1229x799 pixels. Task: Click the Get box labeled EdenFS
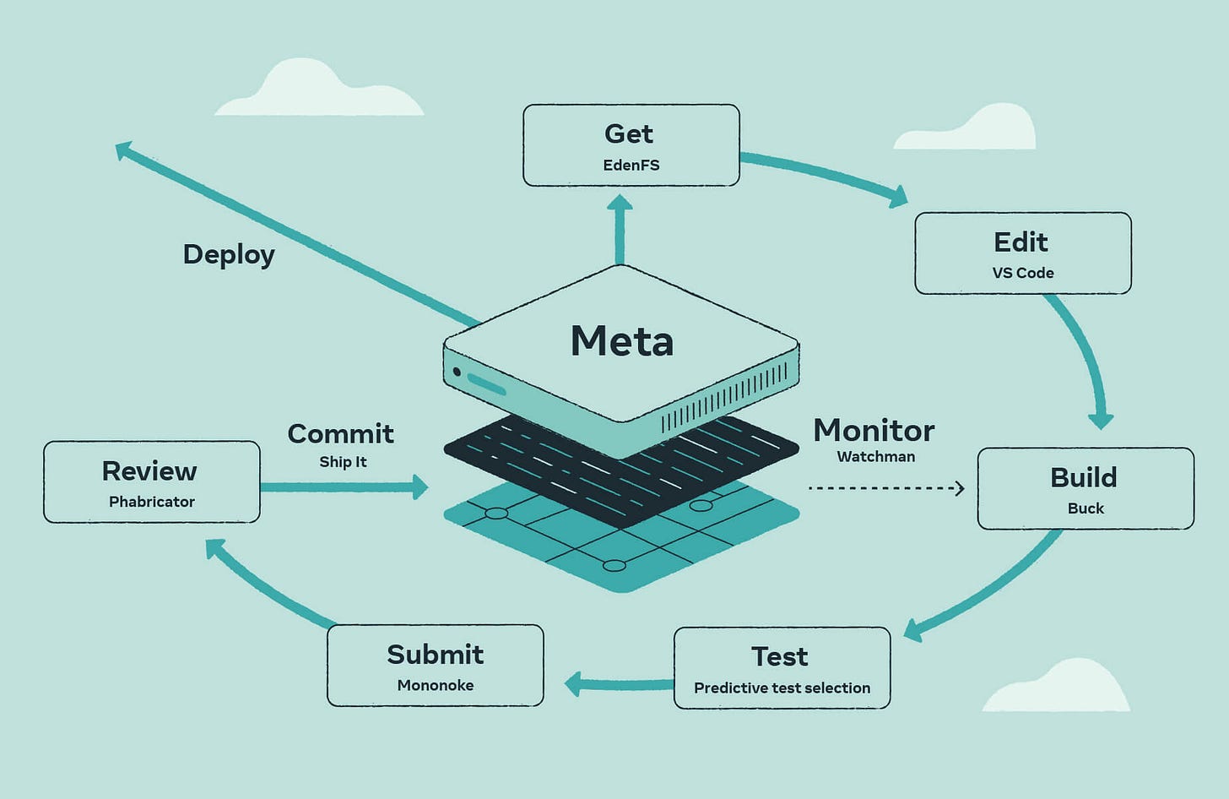(x=631, y=145)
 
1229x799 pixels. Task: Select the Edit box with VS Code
(x=1022, y=253)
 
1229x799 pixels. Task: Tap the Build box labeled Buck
(x=1085, y=488)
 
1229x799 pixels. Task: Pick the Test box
(x=782, y=668)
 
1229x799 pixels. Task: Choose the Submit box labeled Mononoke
(x=435, y=666)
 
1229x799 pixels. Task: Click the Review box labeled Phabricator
(x=151, y=481)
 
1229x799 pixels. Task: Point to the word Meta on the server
(x=622, y=341)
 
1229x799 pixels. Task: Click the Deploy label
(x=229, y=254)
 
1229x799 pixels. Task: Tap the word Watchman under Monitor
(x=875, y=457)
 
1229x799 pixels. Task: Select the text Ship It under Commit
(x=343, y=462)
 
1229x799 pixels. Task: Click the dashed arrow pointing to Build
(x=886, y=488)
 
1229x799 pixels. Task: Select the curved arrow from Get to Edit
(x=823, y=175)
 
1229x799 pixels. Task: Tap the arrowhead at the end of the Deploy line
(x=124, y=150)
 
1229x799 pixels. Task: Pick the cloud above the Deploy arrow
(x=318, y=92)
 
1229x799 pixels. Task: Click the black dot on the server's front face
(x=457, y=372)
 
